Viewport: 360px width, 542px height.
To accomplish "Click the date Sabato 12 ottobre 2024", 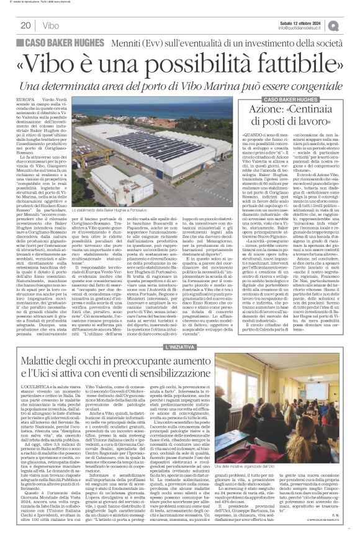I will tap(303, 23).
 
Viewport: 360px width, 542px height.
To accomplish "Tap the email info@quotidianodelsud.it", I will tap(303, 29).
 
